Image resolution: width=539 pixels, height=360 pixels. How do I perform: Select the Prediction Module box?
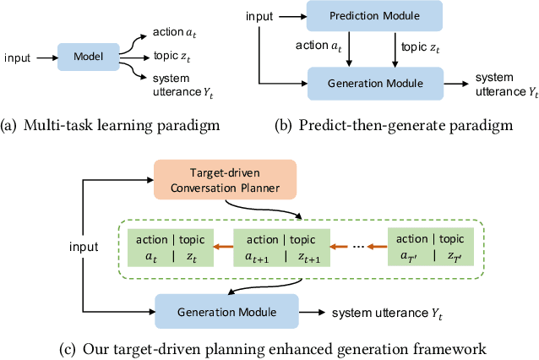[x=362, y=17]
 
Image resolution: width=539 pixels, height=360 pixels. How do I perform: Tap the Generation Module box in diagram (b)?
[x=362, y=84]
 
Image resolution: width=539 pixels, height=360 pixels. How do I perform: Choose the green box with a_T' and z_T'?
[x=429, y=247]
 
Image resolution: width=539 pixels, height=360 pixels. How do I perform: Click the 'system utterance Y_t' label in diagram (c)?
[x=386, y=313]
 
